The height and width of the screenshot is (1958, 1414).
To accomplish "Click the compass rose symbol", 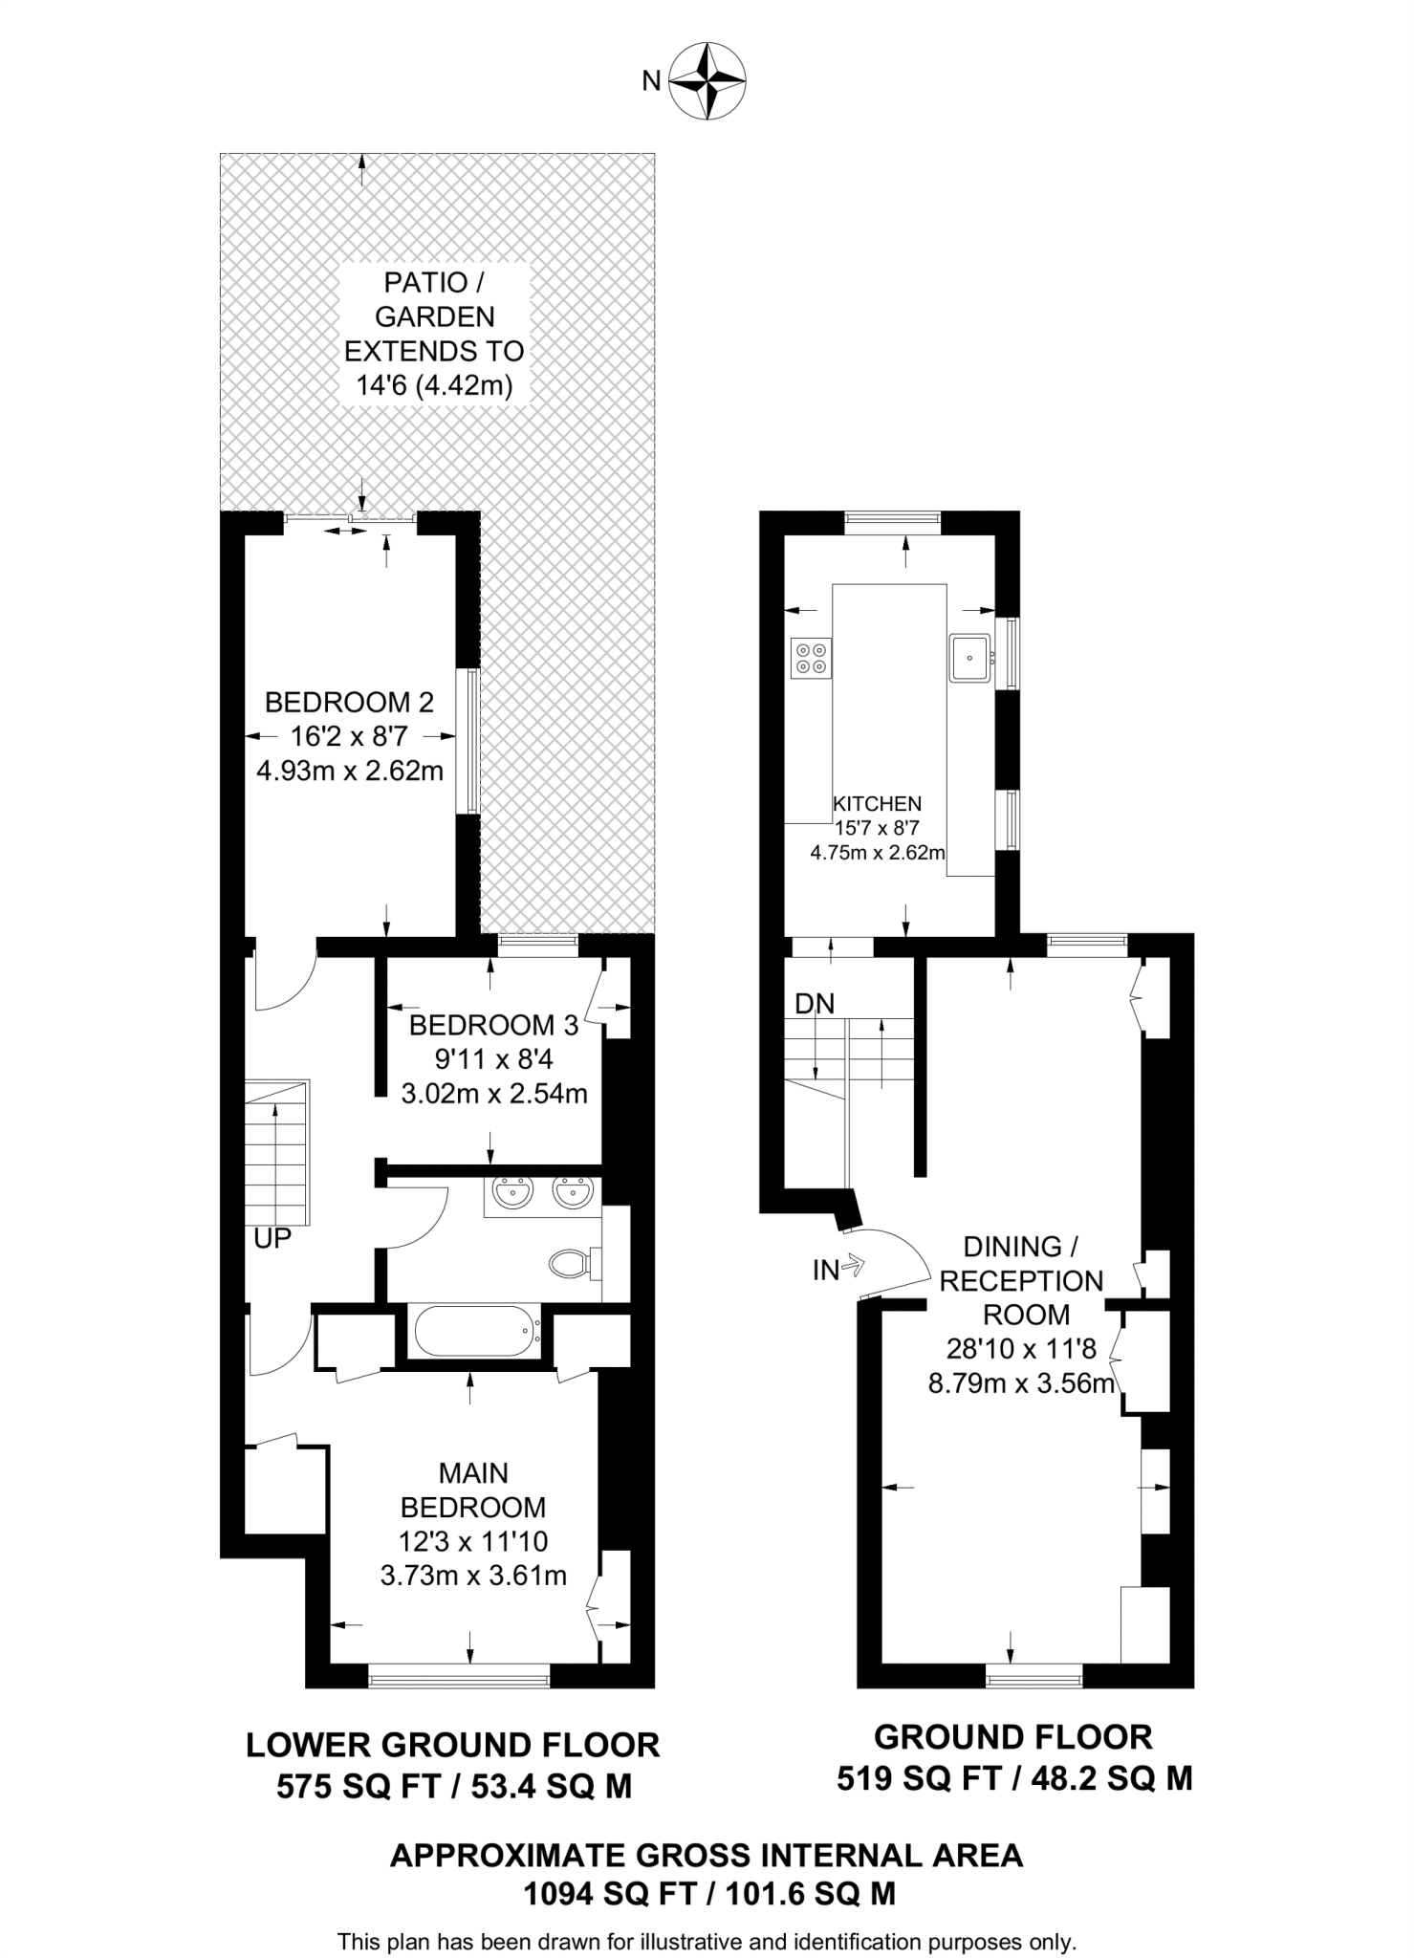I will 707,80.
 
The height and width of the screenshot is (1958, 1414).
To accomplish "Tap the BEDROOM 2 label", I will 349,703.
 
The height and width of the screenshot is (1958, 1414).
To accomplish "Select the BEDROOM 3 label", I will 493,1026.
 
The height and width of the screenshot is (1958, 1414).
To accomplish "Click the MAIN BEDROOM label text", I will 472,1490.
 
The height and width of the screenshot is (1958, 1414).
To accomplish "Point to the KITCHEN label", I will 877,804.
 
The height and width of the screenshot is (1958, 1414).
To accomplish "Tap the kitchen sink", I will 970,657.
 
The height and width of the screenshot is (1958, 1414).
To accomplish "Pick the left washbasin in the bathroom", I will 513,1193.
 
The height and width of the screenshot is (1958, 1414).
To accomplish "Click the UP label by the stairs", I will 272,1239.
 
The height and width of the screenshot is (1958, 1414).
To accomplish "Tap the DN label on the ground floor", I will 815,1003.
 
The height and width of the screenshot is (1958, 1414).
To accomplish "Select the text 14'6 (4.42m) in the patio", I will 434,386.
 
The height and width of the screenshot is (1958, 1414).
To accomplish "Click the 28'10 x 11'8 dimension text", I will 1020,1348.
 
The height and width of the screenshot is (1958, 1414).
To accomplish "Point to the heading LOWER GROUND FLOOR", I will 453,1745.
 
